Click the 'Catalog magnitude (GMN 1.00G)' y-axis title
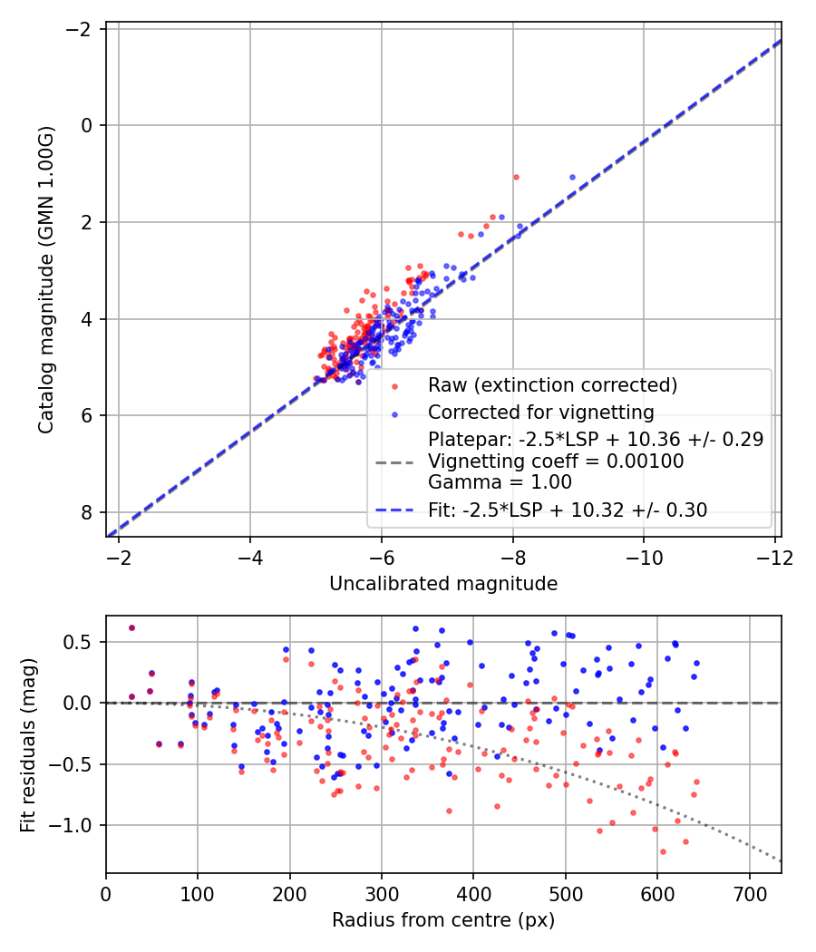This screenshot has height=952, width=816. pos(46,280)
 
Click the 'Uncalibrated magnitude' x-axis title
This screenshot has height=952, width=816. pos(442,584)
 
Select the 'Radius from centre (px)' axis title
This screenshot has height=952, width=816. pos(442,920)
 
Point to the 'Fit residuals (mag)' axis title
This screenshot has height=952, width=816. pos(28,743)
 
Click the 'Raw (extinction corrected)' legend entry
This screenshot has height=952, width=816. pos(553,385)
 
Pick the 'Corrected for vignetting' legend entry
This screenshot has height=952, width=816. pos(541,413)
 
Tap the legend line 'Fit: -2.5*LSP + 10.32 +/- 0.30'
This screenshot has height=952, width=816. pos(568,510)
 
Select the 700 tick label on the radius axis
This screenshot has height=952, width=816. pos(749,892)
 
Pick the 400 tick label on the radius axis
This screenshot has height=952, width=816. pos(473,892)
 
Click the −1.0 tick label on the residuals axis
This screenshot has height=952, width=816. pos(77,825)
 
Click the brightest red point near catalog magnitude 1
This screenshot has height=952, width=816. pos(516,177)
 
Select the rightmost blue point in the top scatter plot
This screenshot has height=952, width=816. pos(572,178)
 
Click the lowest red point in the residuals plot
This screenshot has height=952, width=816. pos(663,851)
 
